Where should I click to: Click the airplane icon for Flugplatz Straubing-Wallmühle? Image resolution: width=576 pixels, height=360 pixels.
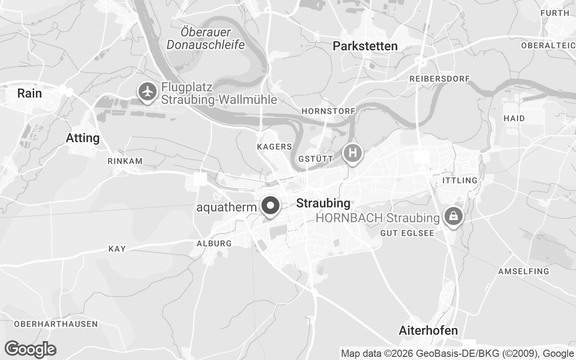pyautogui.click(x=147, y=92)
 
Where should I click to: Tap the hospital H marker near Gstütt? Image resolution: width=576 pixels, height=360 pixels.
pyautogui.click(x=353, y=153)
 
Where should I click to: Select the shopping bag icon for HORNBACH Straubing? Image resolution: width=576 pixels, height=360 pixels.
pyautogui.click(x=454, y=216)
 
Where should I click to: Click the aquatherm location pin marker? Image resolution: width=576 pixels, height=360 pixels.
pyautogui.click(x=270, y=206)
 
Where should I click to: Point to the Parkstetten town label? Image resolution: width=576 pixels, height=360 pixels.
pyautogui.click(x=365, y=46)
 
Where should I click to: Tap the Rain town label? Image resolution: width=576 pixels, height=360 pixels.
pyautogui.click(x=29, y=93)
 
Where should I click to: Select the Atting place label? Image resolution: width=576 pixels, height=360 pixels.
pyautogui.click(x=83, y=138)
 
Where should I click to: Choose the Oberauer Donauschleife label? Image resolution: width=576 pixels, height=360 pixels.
pyautogui.click(x=206, y=38)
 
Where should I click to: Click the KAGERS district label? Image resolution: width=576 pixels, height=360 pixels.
pyautogui.click(x=274, y=147)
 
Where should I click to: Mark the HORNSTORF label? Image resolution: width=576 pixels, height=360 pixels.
pyautogui.click(x=328, y=111)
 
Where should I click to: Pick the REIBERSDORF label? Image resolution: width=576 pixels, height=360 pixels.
pyautogui.click(x=440, y=79)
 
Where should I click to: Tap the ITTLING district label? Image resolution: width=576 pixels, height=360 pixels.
pyautogui.click(x=460, y=180)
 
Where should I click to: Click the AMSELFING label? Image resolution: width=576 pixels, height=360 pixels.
pyautogui.click(x=523, y=271)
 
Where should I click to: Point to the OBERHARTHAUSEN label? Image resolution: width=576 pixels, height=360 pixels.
pyautogui.click(x=56, y=324)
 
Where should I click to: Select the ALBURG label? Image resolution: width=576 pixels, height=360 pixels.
pyautogui.click(x=214, y=243)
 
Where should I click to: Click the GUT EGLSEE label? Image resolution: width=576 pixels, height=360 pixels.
pyautogui.click(x=407, y=233)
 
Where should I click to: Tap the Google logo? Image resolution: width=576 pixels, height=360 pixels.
pyautogui.click(x=30, y=349)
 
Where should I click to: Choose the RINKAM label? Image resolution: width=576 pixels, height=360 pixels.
pyautogui.click(x=125, y=161)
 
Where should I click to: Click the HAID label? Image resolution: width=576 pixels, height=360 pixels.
pyautogui.click(x=514, y=118)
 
